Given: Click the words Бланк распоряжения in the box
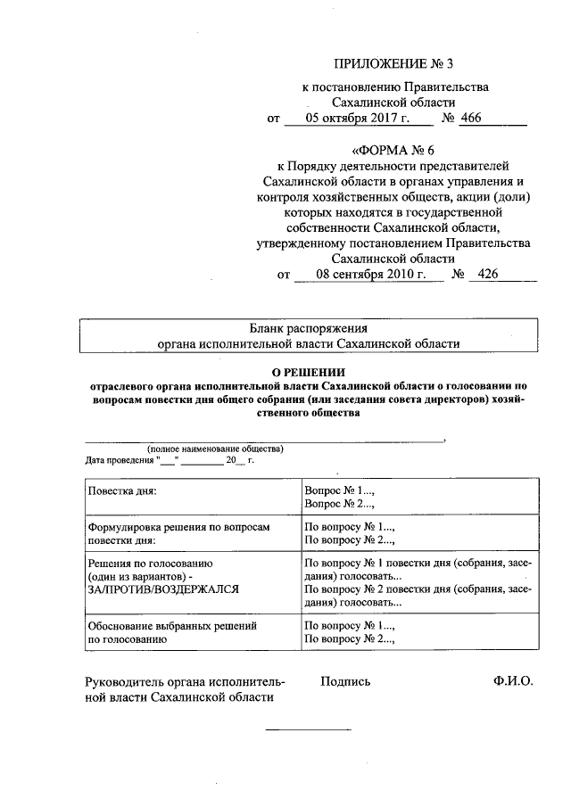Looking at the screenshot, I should [308, 328].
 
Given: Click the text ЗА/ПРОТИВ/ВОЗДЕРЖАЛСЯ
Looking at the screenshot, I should [163, 589].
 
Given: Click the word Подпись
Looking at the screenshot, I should [345, 681].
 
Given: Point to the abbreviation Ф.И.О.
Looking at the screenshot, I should [511, 681].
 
